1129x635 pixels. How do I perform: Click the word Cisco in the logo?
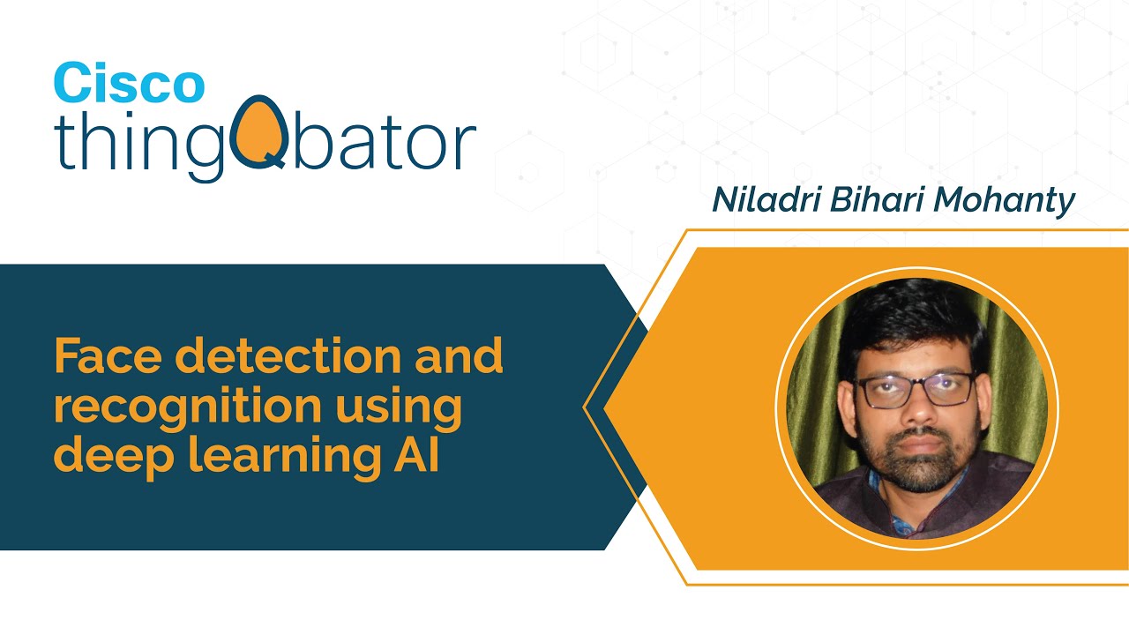tap(129, 84)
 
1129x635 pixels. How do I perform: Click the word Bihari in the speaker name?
tap(870, 201)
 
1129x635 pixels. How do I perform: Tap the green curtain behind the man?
tap(816, 397)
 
